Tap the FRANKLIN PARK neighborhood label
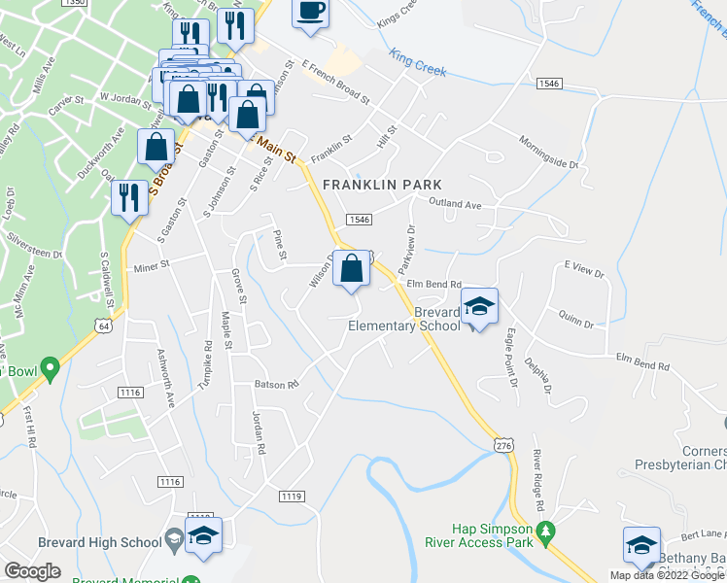pos(382,185)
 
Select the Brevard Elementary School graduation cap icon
pos(479,308)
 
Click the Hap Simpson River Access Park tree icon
pos(545,532)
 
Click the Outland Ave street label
pos(456,205)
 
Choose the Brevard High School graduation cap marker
pos(204,535)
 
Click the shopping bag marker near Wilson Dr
pos(351,267)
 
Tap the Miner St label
pos(152,263)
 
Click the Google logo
pos(32,571)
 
